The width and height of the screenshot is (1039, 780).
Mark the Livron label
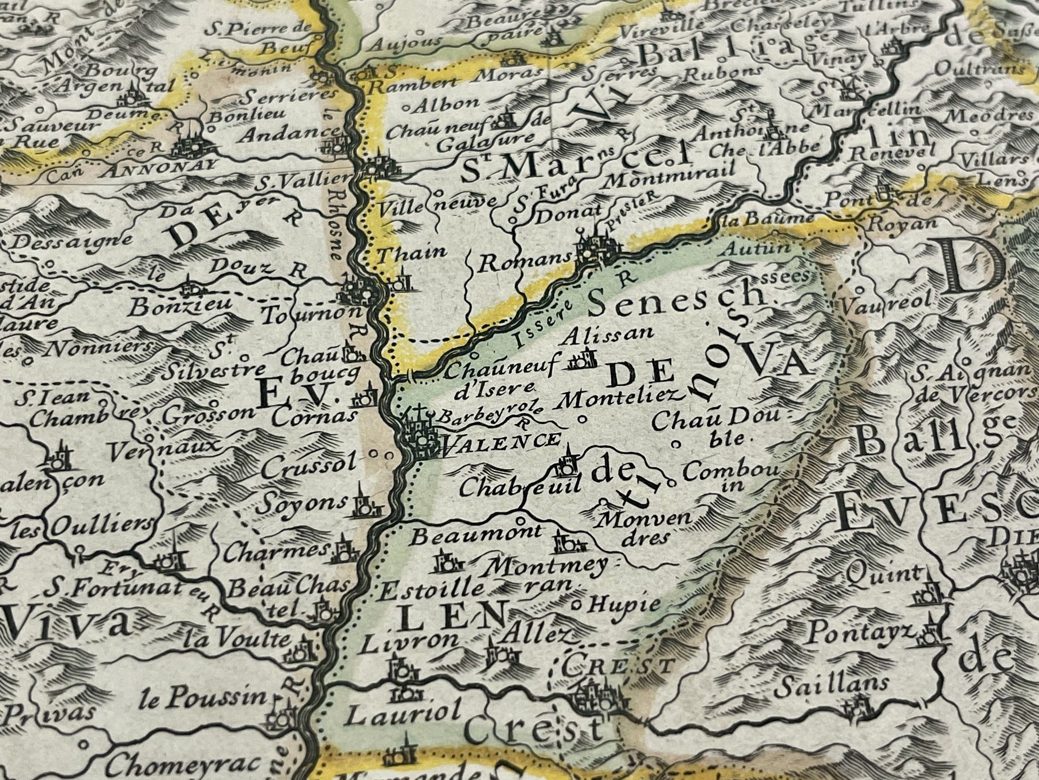(x=408, y=642)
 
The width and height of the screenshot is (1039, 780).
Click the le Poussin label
(x=204, y=697)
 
